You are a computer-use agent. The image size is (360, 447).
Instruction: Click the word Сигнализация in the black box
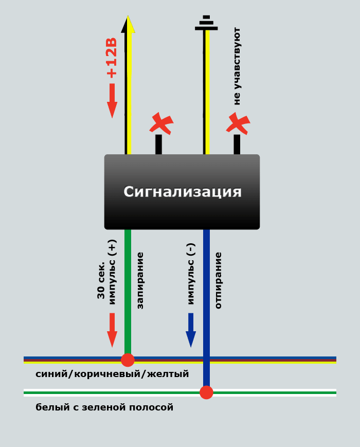183,191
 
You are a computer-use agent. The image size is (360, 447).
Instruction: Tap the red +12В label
112,58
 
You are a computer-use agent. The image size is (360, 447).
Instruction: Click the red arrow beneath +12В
112,100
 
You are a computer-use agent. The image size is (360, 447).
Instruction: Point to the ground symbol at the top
206,23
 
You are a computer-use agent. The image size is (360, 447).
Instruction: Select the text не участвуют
237,66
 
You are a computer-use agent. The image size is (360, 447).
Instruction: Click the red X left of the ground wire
161,123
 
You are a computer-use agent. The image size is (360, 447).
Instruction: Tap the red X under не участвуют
238,123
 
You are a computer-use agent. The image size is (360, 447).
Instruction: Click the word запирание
140,280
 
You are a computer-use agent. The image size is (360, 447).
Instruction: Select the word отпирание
218,280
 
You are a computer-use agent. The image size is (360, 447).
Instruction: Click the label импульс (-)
191,274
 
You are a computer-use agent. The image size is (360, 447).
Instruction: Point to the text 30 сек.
101,280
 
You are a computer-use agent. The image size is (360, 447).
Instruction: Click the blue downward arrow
191,330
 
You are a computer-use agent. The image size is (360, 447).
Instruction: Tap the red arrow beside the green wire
112,330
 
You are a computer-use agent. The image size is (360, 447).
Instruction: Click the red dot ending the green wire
128,360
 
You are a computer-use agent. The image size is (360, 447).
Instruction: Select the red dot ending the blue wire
206,392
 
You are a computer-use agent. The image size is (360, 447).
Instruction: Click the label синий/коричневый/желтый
112,374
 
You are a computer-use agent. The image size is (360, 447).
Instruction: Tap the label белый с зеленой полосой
104,407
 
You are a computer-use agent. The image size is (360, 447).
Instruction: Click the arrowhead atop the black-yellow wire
128,24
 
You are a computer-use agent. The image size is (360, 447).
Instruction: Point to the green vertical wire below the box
128,291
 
